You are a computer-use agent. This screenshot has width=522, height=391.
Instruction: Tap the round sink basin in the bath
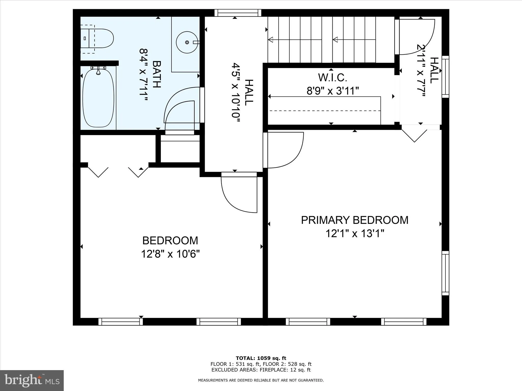(187, 42)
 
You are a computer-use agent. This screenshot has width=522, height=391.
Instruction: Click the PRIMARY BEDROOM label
(355, 220)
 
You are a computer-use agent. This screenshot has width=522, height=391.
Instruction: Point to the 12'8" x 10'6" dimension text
(170, 254)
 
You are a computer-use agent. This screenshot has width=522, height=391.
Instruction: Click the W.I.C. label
(333, 78)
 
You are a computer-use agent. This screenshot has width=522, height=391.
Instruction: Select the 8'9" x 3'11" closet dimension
(333, 91)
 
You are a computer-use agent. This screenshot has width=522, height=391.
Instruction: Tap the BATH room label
(156, 74)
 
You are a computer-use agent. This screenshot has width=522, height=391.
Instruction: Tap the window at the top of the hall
(238, 13)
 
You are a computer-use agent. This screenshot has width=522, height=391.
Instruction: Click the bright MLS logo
(32, 380)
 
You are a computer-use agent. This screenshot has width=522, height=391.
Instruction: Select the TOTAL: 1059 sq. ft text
(261, 358)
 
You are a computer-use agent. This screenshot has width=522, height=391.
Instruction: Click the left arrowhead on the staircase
(271, 39)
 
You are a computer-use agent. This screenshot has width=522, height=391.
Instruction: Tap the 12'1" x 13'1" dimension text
(355, 233)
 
